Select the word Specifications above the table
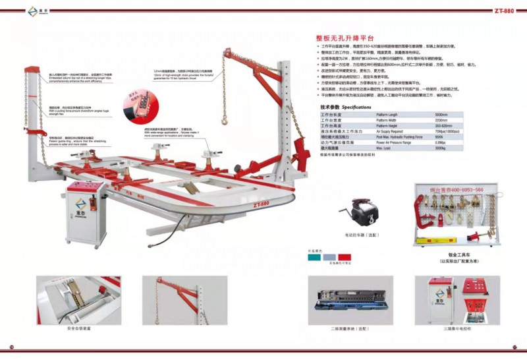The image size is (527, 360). click(x=356, y=106)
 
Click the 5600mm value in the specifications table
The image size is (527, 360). click(x=441, y=115)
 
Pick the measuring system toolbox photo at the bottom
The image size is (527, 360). click(x=343, y=300)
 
